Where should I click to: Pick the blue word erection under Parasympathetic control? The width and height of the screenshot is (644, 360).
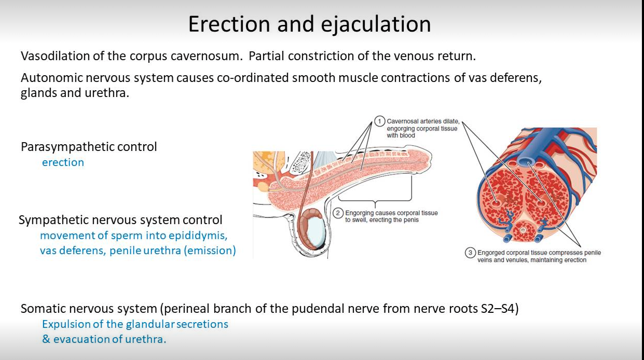coord(63,162)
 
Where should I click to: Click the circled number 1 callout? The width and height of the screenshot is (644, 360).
coord(379,121)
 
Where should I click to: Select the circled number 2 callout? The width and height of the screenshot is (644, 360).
coord(338,213)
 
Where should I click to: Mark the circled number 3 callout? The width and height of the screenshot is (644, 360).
coord(470,253)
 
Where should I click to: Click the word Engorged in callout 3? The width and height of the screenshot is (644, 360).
coord(491,253)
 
